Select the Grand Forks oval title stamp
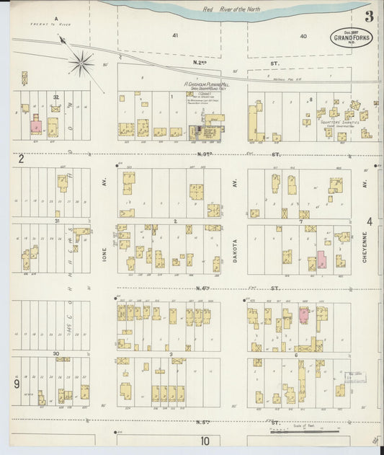pos(352,38)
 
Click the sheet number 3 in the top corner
pos(369,17)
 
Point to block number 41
pos(174,35)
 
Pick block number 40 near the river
pos(303,35)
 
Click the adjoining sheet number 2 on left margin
pos(22,159)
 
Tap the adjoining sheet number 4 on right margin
pos(370,221)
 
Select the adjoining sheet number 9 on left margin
pos(16,384)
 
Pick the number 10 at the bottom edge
pos(205,441)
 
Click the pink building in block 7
pos(321,260)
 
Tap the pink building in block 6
pos(304,314)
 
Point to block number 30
pos(55,354)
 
